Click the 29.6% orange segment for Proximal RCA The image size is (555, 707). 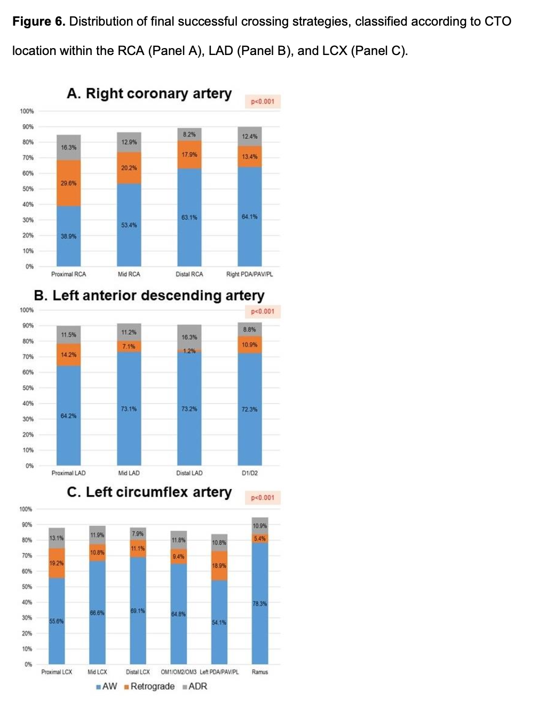(x=68, y=183)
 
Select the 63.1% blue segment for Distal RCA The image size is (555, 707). (x=189, y=217)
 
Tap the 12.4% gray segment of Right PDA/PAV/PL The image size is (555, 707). (x=250, y=136)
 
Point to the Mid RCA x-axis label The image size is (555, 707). (x=129, y=274)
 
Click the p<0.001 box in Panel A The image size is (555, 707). (x=263, y=101)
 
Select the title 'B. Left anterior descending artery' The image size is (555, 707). (x=149, y=295)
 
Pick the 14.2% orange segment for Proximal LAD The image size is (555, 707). (x=68, y=355)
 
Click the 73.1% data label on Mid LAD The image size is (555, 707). (x=129, y=409)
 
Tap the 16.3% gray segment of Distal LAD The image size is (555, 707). (x=189, y=337)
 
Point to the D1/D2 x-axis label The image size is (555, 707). (x=250, y=473)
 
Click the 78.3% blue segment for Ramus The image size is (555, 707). (x=260, y=603)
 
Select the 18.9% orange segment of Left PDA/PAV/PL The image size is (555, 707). (x=219, y=565)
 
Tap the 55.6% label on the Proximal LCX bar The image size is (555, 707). (x=57, y=621)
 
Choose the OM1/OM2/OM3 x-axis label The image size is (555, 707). (x=179, y=672)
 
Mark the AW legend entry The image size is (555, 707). (x=107, y=687)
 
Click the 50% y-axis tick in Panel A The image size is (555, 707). (x=27, y=189)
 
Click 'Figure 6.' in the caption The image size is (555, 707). (x=39, y=21)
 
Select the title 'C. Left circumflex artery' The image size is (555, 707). (x=149, y=492)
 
